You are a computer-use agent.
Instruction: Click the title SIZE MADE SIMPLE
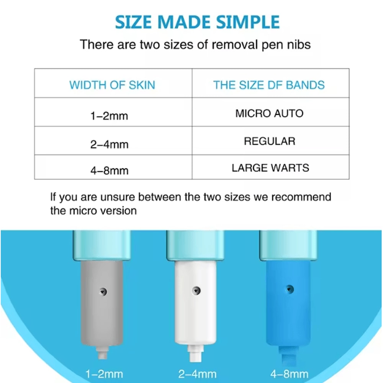(197, 22)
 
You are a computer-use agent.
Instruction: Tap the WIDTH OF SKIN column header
(112, 85)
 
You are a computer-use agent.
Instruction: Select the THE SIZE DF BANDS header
(269, 85)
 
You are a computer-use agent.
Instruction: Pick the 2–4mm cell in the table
(109, 144)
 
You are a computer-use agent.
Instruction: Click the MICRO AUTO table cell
(269, 113)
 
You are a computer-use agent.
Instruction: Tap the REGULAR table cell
(270, 141)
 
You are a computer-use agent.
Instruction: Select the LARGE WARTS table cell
(270, 168)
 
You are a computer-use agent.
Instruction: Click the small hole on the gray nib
(102, 292)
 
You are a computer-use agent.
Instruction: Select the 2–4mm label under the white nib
(197, 374)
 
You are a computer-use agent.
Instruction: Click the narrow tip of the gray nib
(101, 354)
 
